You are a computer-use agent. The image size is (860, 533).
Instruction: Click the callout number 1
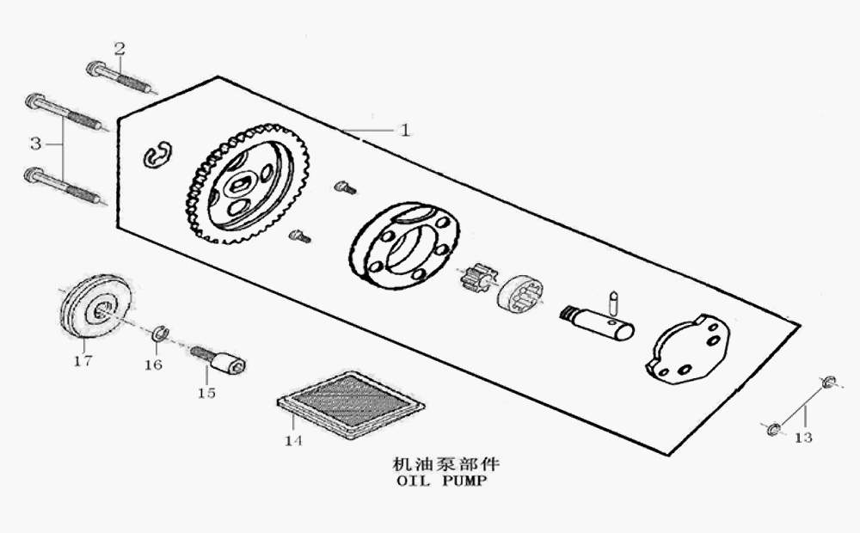click(x=404, y=131)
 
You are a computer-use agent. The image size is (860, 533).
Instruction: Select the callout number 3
click(x=35, y=140)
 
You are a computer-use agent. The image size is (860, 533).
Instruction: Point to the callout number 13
click(x=803, y=438)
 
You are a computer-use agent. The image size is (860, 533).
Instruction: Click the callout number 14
click(x=294, y=441)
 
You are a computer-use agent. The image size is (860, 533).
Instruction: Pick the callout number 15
click(x=206, y=393)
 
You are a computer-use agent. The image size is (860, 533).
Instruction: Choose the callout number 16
click(x=152, y=365)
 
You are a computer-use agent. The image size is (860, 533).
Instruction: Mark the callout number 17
click(x=83, y=361)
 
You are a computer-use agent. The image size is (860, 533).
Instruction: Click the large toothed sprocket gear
click(x=247, y=183)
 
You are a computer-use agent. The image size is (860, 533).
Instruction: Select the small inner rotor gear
click(x=478, y=278)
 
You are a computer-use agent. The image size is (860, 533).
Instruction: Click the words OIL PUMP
click(x=442, y=481)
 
